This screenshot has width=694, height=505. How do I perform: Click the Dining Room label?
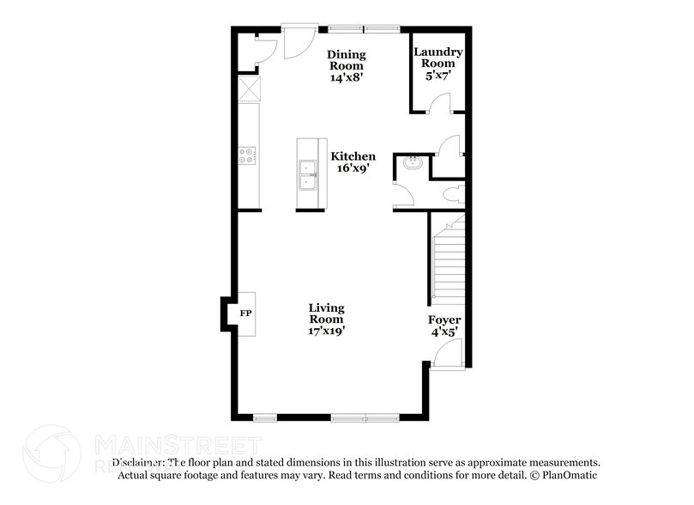pos(347,59)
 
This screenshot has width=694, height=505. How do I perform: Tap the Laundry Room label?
pos(438,58)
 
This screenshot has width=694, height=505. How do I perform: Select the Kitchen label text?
pos(353,156)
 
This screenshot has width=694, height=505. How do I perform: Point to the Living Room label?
pos(327,313)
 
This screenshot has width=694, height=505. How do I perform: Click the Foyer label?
pos(444,320)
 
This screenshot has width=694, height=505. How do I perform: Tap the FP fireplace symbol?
pos(245,313)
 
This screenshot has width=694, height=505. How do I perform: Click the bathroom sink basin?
pos(409,162)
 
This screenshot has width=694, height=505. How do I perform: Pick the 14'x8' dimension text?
pos(347,77)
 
